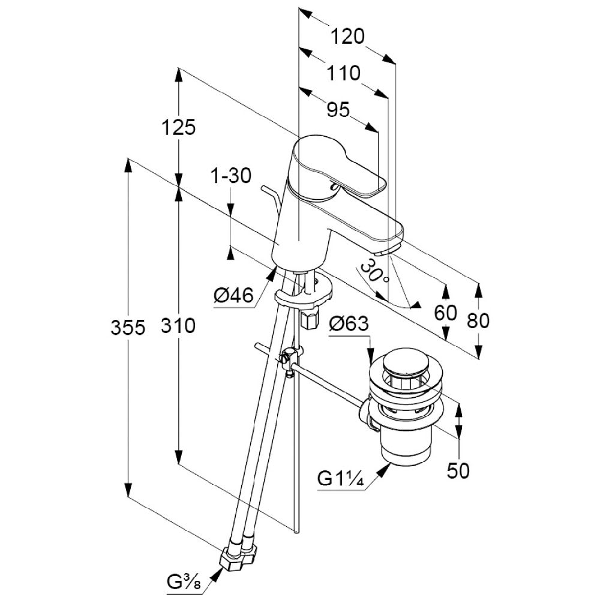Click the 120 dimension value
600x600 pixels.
click(347, 37)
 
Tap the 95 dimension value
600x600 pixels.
click(338, 110)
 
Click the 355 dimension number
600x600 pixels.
click(128, 328)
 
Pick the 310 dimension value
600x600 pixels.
click(178, 326)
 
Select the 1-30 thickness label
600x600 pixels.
click(230, 176)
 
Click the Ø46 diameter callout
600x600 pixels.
click(234, 295)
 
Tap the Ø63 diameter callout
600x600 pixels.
click(349, 323)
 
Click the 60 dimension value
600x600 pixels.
click(445, 313)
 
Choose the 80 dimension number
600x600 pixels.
click(478, 321)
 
